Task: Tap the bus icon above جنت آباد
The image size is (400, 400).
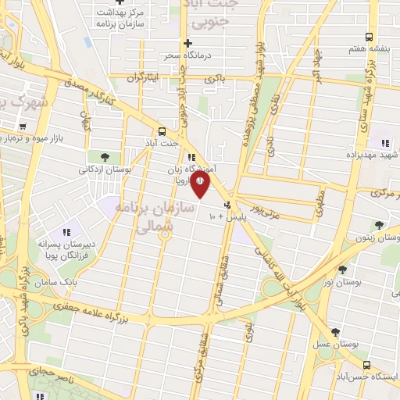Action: click(x=162, y=131)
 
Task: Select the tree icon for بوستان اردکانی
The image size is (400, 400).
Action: click(x=105, y=157)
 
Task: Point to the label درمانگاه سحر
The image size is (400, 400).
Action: click(x=181, y=56)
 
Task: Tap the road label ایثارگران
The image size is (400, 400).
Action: click(x=147, y=77)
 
